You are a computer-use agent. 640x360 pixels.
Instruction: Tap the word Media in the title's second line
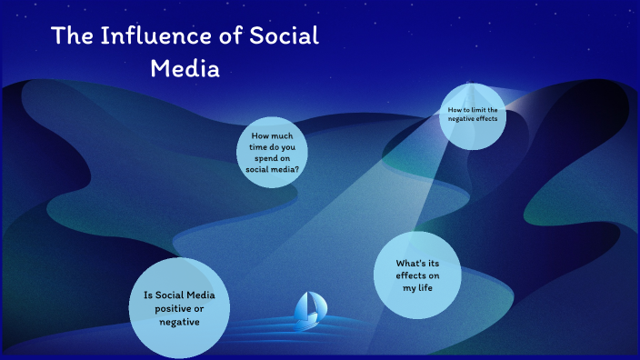185,68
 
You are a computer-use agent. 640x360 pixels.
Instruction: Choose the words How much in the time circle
273,136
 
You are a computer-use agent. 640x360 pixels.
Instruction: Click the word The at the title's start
68,36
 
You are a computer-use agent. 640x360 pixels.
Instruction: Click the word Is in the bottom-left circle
148,295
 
